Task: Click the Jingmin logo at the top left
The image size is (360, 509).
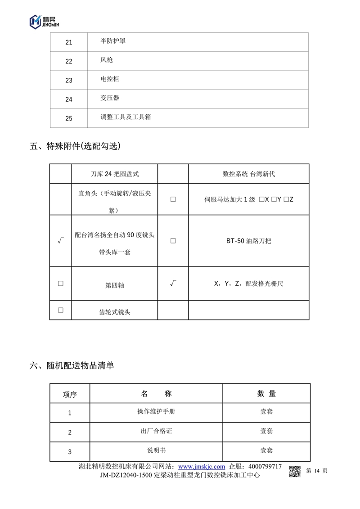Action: (43, 21)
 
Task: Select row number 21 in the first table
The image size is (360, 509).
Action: (69, 42)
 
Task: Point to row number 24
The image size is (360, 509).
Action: (69, 99)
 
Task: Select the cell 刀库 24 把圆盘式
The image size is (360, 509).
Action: (115, 174)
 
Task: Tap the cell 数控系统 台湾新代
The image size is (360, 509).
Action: (249, 174)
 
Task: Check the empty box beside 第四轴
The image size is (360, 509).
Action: (60, 284)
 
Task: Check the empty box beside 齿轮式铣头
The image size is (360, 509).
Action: (60, 310)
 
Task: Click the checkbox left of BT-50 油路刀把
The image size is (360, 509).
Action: (173, 241)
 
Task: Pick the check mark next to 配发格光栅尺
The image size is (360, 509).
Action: (173, 284)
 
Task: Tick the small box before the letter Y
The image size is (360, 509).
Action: (274, 199)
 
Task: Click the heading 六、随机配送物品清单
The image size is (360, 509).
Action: (72, 365)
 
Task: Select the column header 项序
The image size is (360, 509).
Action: (70, 395)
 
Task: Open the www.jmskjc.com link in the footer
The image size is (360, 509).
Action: (202, 467)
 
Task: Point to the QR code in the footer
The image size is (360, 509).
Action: (295, 471)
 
